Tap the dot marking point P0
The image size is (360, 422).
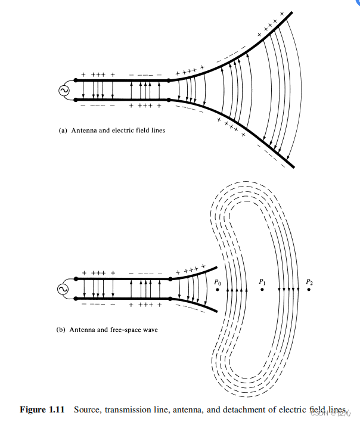click(x=218, y=290)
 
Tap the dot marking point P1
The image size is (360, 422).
click(x=262, y=290)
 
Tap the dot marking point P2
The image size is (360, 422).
click(x=309, y=290)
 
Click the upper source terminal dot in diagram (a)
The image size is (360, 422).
click(x=77, y=80)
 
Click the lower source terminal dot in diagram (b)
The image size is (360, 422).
click(x=77, y=298)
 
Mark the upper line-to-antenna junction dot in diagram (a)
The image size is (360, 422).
click(x=169, y=80)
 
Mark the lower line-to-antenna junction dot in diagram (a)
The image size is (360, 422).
click(x=169, y=100)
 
